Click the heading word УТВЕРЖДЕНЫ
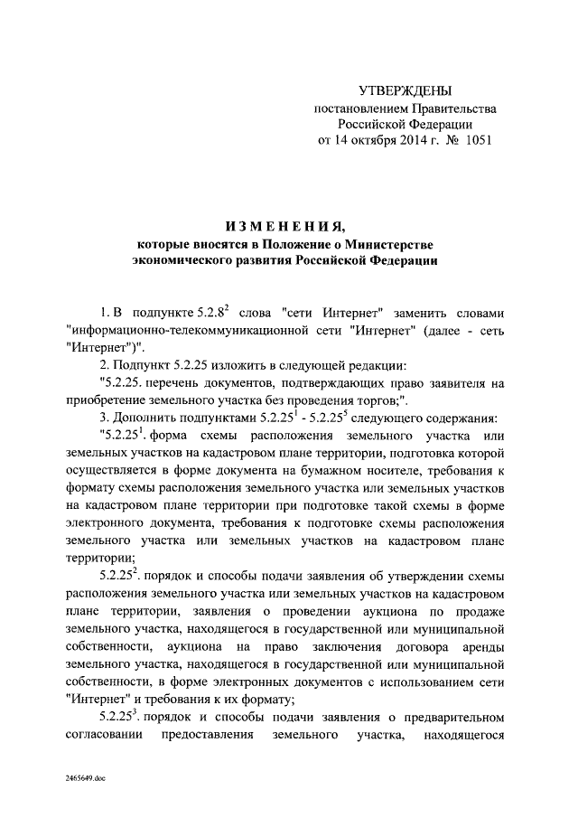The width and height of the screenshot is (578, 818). [x=404, y=90]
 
